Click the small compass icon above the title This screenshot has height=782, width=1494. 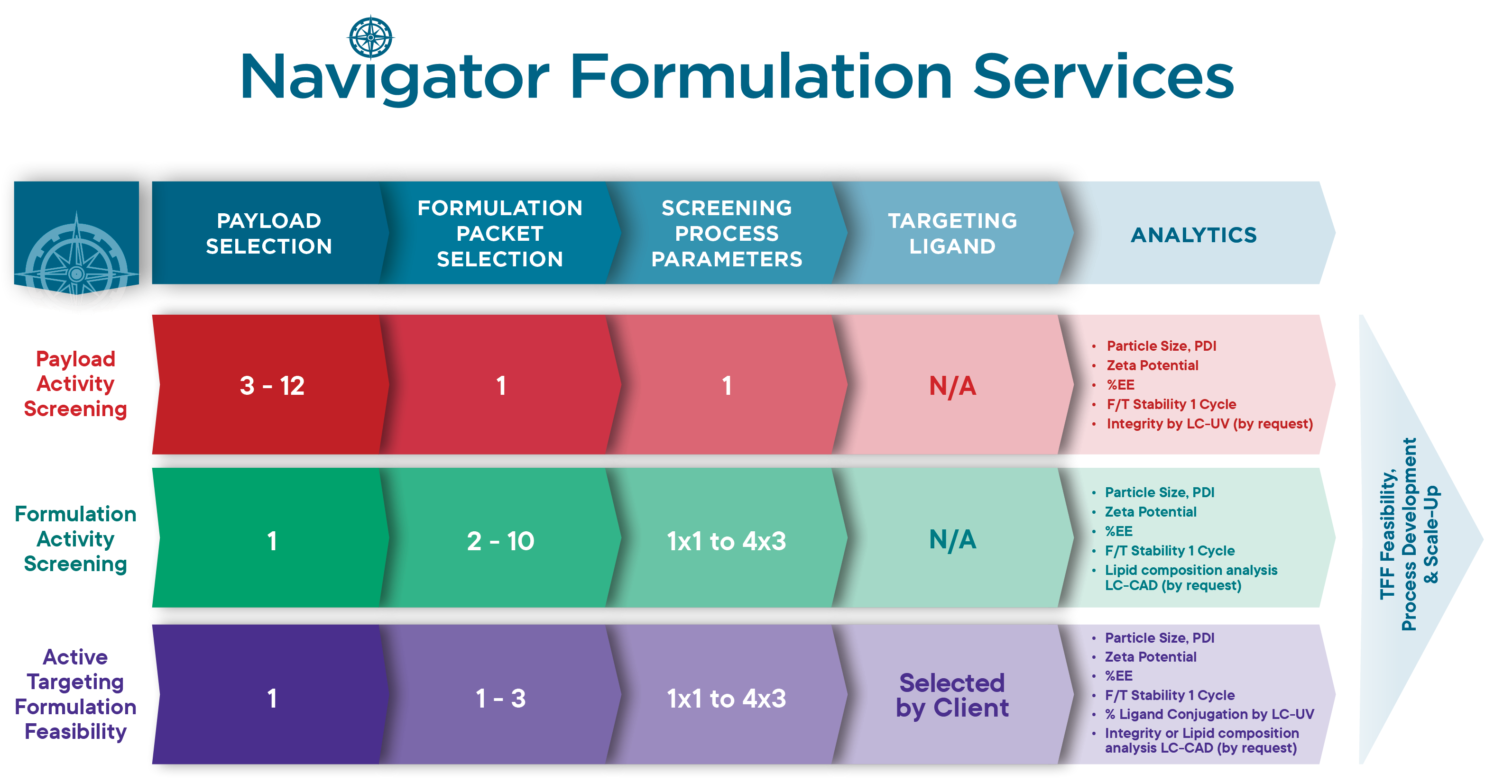click(370, 37)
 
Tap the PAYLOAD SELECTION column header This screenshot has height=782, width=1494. click(269, 234)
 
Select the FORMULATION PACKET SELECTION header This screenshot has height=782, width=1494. click(500, 234)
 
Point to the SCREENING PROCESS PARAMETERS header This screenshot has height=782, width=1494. click(727, 234)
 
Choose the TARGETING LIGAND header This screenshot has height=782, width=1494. click(952, 234)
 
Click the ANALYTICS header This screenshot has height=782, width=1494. click(1194, 235)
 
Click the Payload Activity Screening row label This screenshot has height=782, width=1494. click(75, 384)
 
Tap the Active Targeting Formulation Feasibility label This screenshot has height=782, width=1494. click(75, 694)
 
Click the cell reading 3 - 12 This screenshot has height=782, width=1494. click(272, 385)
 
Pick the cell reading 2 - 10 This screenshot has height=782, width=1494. click(500, 541)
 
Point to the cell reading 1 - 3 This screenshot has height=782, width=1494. click(500, 698)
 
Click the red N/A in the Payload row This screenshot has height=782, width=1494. click(952, 385)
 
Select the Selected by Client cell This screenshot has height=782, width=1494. click(952, 696)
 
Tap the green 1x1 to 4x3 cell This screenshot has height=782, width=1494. click(726, 541)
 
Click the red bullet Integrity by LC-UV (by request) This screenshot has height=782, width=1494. click(1209, 424)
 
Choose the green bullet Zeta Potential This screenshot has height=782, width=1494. click(1151, 512)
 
